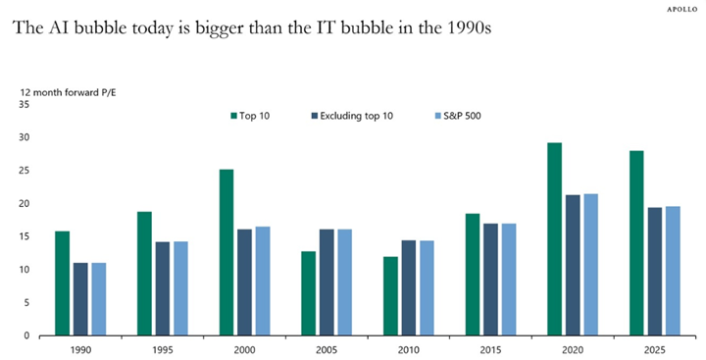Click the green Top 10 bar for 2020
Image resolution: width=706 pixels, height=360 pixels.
tap(554, 239)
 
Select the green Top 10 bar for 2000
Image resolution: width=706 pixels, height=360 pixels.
tap(227, 252)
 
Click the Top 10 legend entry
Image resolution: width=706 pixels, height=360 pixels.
tap(252, 117)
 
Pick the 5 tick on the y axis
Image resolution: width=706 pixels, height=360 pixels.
tap(27, 302)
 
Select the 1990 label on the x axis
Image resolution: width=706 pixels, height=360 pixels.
tap(80, 348)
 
